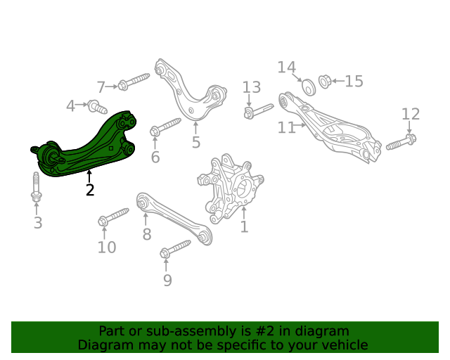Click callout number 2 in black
90,190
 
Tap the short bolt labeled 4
97,106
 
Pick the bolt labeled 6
165,127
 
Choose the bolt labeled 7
134,82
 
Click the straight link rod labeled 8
174,218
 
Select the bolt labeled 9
175,249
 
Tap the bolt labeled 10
113,217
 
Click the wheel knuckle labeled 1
230,188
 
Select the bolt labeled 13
259,111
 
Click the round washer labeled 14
309,86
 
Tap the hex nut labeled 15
325,82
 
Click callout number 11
286,127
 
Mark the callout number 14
287,67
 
